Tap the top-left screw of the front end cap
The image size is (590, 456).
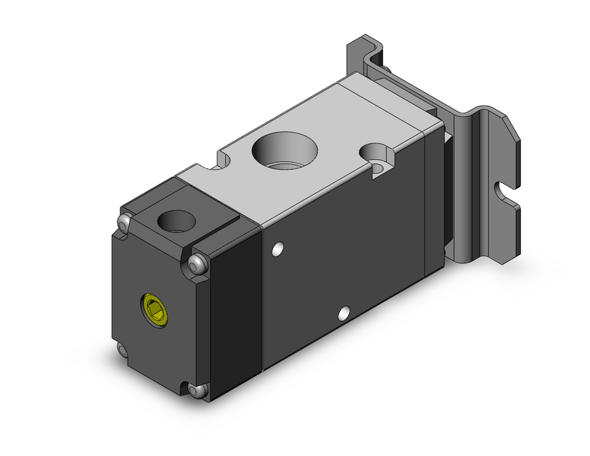123,223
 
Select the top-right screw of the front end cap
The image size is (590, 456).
197,263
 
